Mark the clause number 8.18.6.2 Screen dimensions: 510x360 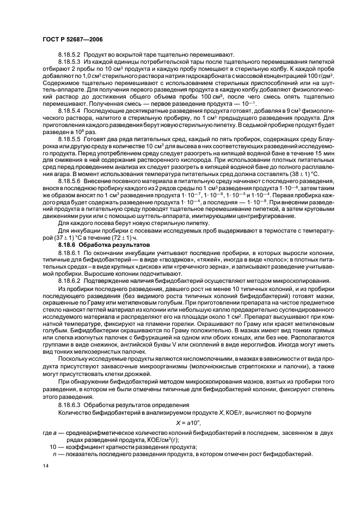pyautogui.click(x=69, y=280)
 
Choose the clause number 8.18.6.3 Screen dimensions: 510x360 pyautogui.click(x=69, y=405)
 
